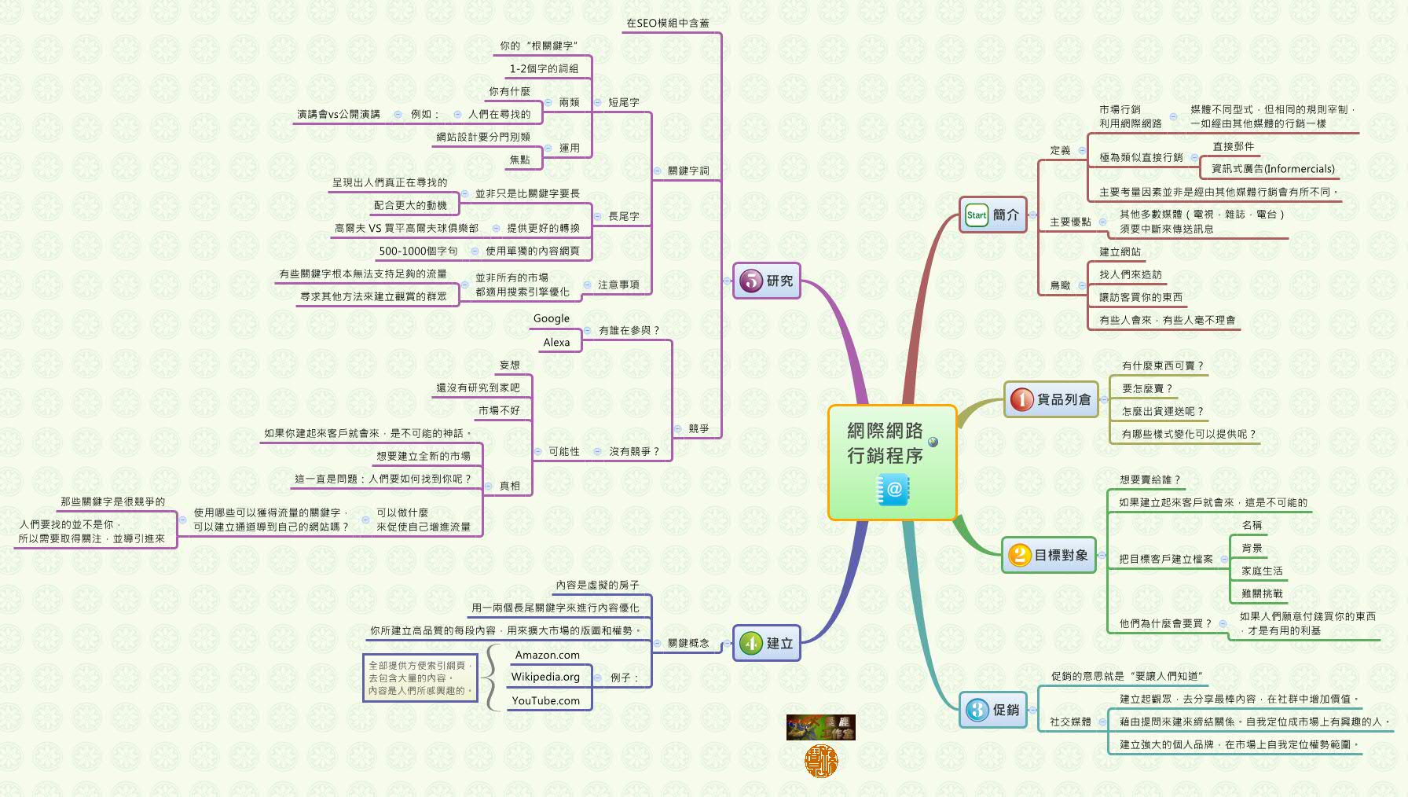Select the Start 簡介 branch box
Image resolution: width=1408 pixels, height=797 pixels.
coord(993,215)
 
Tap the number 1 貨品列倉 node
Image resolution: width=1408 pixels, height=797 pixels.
coord(1051,399)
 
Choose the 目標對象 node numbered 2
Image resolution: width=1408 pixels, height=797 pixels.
coord(1049,555)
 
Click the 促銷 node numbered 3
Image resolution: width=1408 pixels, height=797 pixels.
coord(993,710)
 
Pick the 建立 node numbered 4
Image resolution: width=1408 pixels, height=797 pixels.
coord(766,643)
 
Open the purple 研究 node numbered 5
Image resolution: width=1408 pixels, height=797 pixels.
coord(766,281)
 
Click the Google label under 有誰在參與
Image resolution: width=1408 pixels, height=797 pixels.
coord(551,318)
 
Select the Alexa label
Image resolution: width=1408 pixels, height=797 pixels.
coord(556,342)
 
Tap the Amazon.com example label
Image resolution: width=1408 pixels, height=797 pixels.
coord(547,655)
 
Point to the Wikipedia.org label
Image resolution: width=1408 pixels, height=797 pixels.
coord(545,677)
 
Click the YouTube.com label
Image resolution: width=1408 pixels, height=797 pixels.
coord(545,700)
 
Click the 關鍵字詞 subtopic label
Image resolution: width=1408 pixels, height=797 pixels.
coord(688,171)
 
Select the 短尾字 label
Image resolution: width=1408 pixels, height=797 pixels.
coord(623,102)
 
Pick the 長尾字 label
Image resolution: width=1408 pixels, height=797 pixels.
coord(623,216)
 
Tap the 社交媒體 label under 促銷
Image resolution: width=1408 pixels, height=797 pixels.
coord(1070,722)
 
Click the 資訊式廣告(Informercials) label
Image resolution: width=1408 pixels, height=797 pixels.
coord(1273,169)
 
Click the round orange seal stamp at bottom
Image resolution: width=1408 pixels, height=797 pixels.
coord(821,761)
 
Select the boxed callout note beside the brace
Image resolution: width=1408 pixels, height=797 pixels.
coord(420,678)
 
